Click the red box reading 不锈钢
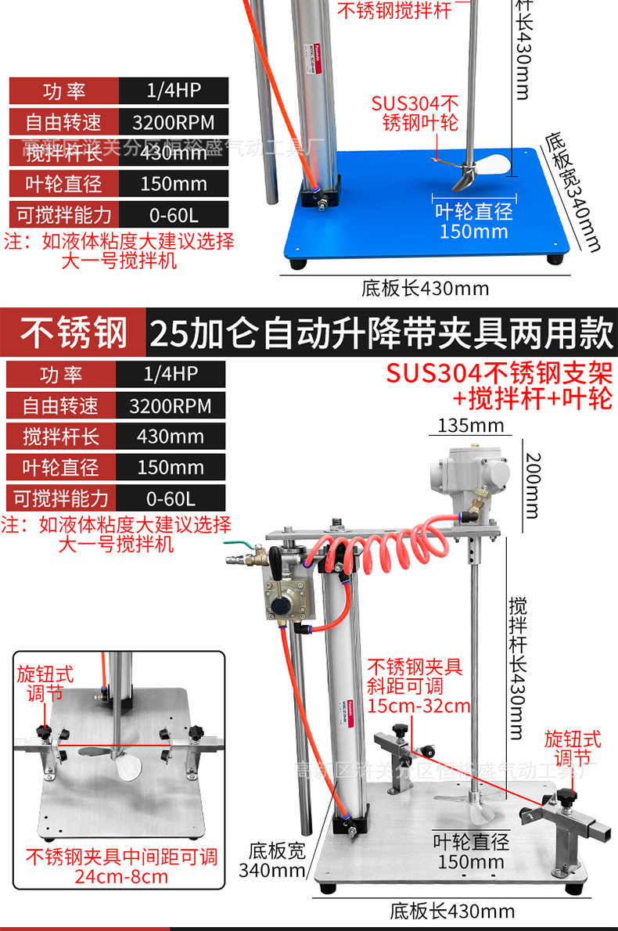pos(74,332)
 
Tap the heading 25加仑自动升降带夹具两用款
pos(381,332)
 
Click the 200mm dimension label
pos(532,485)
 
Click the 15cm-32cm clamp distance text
pos(419,706)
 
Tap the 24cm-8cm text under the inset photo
pos(121,876)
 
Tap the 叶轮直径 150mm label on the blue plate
pos(473,221)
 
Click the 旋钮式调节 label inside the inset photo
pos(45,685)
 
